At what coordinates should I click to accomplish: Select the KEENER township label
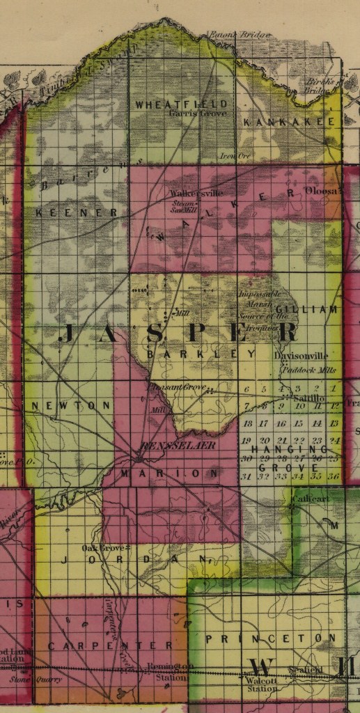coord(77,212)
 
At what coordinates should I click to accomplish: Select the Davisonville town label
coord(301,356)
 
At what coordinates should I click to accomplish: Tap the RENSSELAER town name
coord(178,445)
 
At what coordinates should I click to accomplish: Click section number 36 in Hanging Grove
coord(334,476)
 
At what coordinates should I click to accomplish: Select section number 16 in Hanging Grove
coord(281,423)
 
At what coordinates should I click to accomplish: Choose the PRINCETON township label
coord(265,638)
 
